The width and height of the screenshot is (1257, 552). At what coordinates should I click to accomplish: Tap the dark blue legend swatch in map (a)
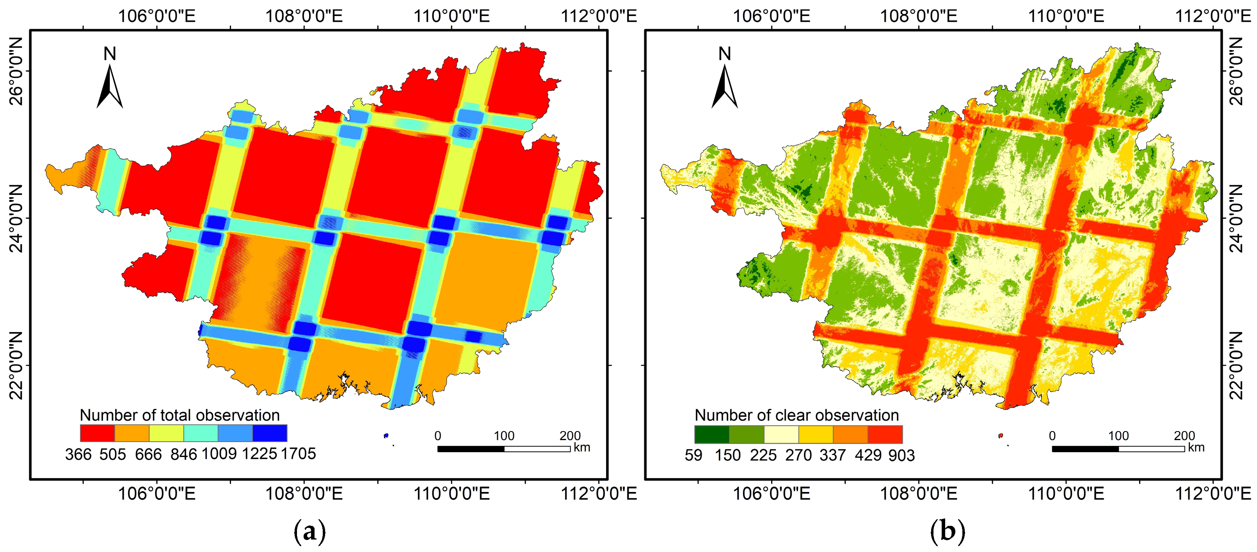click(x=270, y=433)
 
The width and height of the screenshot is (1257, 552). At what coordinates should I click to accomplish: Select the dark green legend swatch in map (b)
click(x=712, y=434)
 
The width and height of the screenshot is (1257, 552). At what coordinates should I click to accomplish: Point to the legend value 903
click(x=901, y=455)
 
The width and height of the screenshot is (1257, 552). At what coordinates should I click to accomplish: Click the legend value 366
click(x=78, y=455)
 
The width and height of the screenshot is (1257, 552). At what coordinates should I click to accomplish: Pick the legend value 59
click(x=693, y=455)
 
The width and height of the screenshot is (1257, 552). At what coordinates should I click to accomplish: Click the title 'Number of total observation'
click(x=180, y=415)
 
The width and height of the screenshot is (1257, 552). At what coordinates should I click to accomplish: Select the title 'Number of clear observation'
click(x=797, y=415)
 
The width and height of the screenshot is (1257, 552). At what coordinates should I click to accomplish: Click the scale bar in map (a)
click(x=503, y=449)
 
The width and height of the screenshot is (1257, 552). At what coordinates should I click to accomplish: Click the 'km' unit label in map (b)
click(x=1196, y=447)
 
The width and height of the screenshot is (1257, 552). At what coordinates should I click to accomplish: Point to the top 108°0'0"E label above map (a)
click(x=304, y=16)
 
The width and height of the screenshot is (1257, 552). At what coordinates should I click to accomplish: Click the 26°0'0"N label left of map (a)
click(x=16, y=71)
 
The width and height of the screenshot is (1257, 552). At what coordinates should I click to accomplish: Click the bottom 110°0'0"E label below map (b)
click(x=1066, y=494)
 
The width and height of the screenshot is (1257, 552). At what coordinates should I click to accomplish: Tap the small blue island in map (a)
click(x=386, y=435)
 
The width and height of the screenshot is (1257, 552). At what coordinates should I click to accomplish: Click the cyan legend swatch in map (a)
click(x=201, y=433)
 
